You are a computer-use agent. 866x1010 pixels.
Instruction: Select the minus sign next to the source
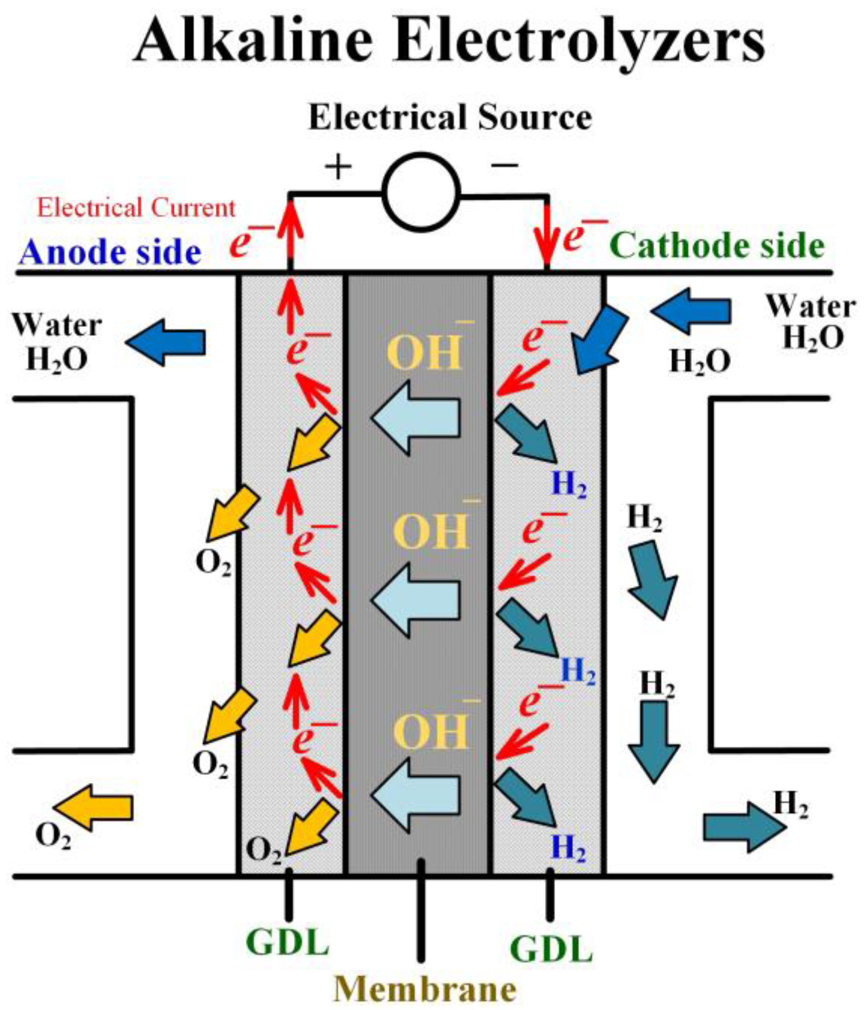tap(504, 165)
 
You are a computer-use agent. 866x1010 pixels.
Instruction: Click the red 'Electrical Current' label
tap(136, 208)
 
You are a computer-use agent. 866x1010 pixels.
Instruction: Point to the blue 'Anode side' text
tap(110, 252)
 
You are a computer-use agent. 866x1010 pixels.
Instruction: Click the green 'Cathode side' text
tap(717, 246)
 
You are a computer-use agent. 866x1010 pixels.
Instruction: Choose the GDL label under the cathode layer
tap(551, 949)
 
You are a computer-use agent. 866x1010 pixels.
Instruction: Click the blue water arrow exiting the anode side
tap(166, 343)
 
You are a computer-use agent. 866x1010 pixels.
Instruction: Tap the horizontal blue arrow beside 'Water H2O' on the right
tap(692, 311)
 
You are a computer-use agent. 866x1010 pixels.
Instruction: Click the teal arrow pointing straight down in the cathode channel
tap(654, 740)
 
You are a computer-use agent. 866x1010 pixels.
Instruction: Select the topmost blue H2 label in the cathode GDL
tap(568, 484)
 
